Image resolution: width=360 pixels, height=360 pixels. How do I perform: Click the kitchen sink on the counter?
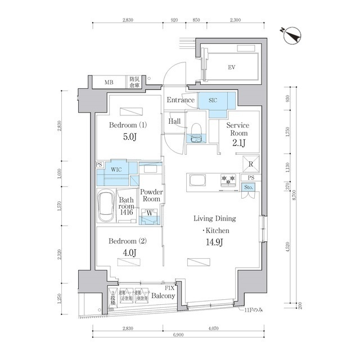[199, 181]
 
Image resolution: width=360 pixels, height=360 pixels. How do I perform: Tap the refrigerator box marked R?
[250, 164]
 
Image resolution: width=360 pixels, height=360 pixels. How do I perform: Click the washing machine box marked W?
[150, 213]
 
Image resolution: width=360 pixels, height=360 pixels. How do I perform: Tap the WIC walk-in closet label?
[117, 169]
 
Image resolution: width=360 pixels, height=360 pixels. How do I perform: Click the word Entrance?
[180, 100]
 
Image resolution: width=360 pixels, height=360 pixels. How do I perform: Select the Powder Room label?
[151, 195]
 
